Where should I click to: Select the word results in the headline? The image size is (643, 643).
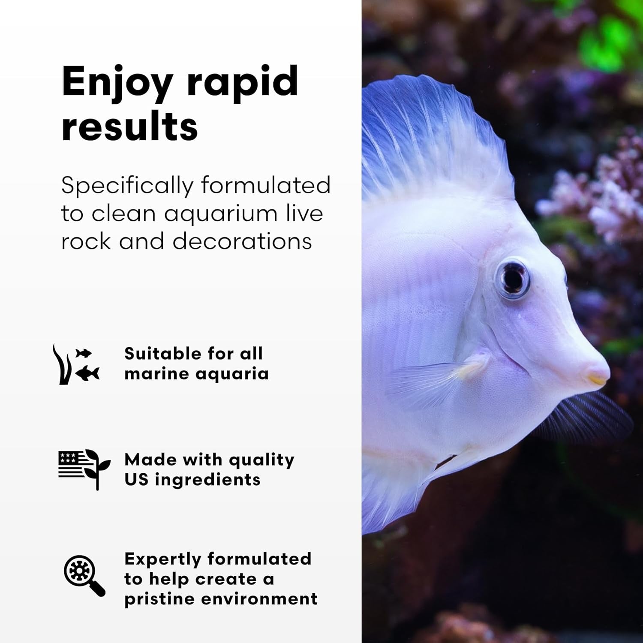point(129,126)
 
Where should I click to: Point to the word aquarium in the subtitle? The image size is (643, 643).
point(221,214)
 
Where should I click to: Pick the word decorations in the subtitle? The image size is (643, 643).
point(242,241)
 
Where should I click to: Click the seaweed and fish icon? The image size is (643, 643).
point(76,364)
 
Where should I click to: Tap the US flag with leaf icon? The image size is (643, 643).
point(84,469)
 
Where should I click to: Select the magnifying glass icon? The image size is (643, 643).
point(84,575)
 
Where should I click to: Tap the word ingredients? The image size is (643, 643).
point(207,480)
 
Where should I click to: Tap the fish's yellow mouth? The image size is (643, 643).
point(597,379)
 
